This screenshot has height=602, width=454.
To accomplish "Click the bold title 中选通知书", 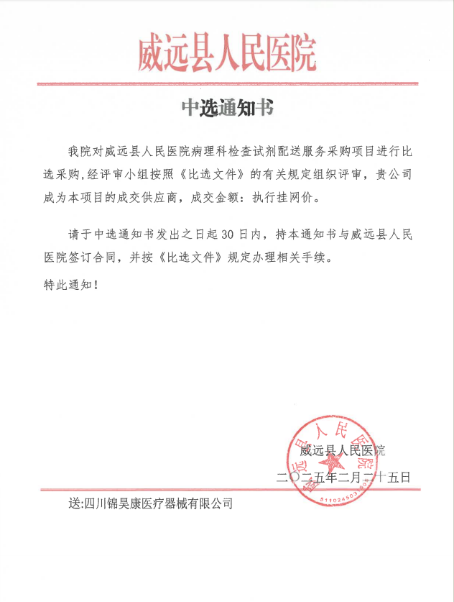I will pos(227,109).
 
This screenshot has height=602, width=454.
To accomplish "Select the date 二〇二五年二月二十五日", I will pos(343,476).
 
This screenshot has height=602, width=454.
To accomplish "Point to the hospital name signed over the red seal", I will pos(342,452).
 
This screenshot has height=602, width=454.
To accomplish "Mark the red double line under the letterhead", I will pos(227,83).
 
